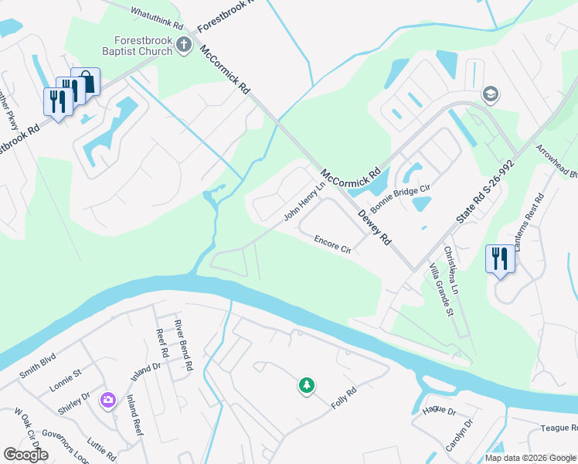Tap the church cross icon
tap(184, 44)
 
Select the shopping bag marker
tap(86, 83)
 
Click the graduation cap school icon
tap(490, 94)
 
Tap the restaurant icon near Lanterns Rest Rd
tap(499, 258)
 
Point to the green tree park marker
tap(307, 384)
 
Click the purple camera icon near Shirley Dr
tap(108, 399)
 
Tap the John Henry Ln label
tap(304, 202)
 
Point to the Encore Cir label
tap(332, 245)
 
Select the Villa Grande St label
tap(440, 292)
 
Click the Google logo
tap(25, 455)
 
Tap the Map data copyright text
tap(529, 457)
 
